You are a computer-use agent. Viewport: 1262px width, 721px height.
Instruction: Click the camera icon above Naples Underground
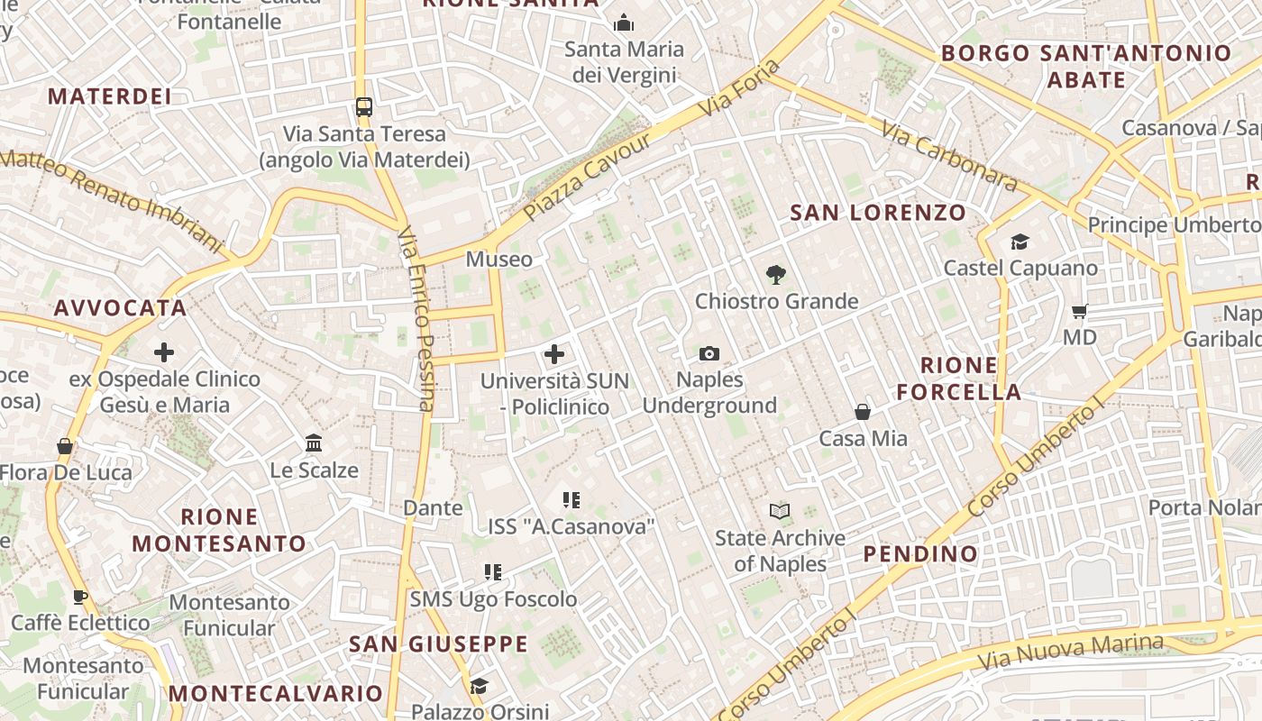(x=709, y=353)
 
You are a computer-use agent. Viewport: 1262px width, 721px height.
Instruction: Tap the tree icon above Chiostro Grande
(x=775, y=275)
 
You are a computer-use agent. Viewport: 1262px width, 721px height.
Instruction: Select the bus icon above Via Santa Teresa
(x=364, y=107)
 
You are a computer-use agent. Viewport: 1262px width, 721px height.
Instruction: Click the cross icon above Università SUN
(x=554, y=354)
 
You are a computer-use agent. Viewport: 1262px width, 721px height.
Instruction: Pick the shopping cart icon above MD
(x=1079, y=312)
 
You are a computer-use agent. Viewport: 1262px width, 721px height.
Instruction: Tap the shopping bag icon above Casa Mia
(x=863, y=412)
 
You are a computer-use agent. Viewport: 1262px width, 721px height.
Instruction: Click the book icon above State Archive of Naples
(x=780, y=512)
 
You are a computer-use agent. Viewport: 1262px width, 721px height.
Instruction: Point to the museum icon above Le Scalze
(x=314, y=443)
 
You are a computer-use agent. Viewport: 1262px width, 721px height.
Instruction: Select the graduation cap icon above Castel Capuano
(x=1020, y=242)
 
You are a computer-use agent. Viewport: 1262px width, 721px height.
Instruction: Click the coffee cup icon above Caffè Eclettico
(x=80, y=597)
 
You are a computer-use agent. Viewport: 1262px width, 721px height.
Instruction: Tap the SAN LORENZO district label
(x=878, y=213)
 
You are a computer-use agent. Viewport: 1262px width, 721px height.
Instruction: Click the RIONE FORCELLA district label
(x=959, y=379)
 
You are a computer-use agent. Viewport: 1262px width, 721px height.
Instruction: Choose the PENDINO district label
(x=920, y=553)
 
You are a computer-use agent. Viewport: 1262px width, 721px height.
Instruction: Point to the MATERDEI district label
(x=109, y=96)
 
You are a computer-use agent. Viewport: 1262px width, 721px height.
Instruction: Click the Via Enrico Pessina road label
(x=416, y=317)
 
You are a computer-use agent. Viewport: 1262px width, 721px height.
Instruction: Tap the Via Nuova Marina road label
(x=1071, y=652)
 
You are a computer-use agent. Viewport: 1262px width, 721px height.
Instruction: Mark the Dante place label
(x=433, y=507)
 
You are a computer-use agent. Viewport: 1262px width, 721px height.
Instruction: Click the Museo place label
(x=498, y=260)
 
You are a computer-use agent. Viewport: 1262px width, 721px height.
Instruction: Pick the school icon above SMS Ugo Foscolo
(x=493, y=571)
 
